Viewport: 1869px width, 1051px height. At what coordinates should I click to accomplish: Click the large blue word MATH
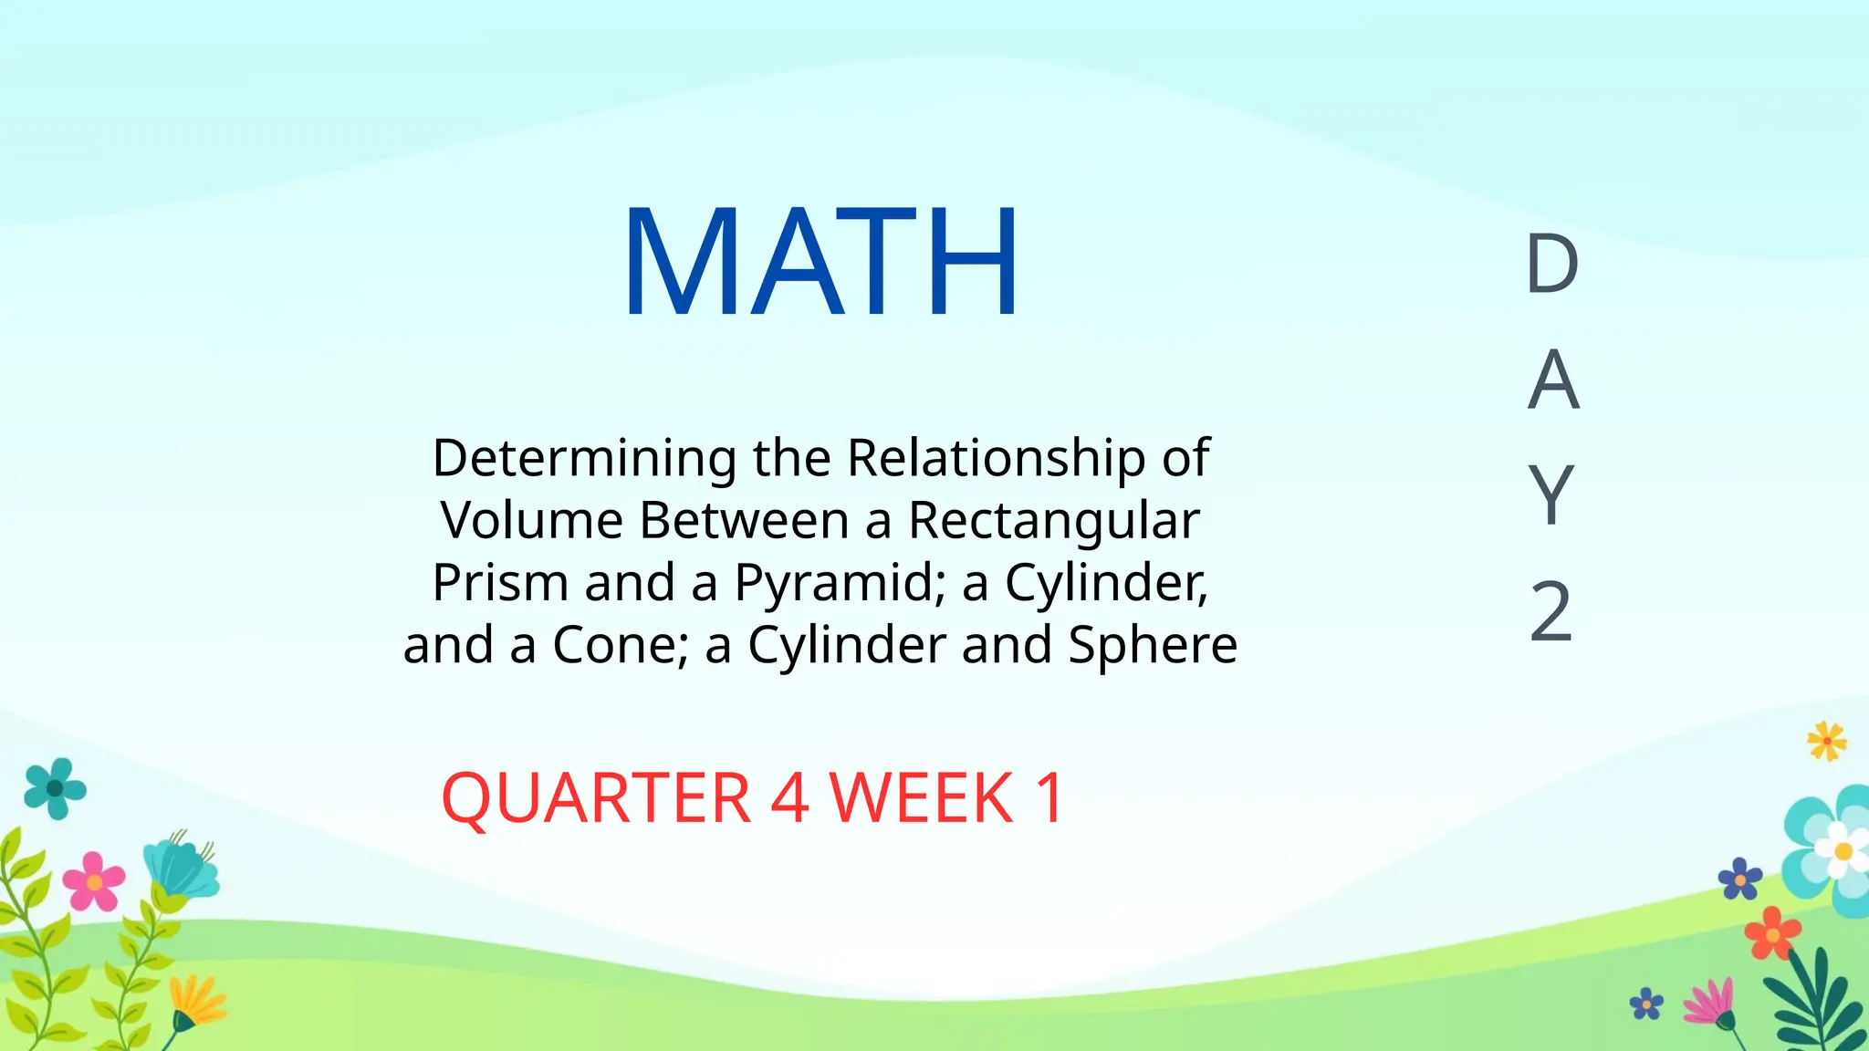tap(820, 262)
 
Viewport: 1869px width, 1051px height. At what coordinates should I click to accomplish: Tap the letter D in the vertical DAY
tap(1551, 265)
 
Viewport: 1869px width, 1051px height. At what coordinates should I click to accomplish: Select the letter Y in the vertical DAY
tap(1551, 494)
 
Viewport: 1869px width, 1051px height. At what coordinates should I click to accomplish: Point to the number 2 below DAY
tap(1551, 611)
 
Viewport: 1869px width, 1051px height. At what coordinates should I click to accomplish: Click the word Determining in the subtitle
tap(584, 458)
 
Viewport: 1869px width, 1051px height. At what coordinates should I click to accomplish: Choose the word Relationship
tap(996, 458)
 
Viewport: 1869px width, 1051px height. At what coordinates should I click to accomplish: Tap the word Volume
tap(531, 520)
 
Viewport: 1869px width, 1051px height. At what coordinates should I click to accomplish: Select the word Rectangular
tap(1053, 520)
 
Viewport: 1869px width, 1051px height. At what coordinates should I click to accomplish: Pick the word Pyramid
tap(840, 582)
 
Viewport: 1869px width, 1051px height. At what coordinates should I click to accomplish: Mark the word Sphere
tap(1152, 644)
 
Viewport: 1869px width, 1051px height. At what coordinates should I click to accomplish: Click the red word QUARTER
tap(596, 798)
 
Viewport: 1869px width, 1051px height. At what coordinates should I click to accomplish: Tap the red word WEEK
tap(922, 798)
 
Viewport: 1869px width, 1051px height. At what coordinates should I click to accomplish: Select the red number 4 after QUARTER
tap(789, 798)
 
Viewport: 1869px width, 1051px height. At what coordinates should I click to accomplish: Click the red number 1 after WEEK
tap(1049, 798)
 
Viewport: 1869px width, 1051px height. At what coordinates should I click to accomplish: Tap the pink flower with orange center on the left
tap(94, 881)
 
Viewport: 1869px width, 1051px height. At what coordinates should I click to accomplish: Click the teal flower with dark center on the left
tap(56, 787)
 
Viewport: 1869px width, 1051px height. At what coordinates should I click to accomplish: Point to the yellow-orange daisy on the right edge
tap(1826, 741)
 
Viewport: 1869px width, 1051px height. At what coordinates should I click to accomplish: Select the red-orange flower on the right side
tap(1772, 933)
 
